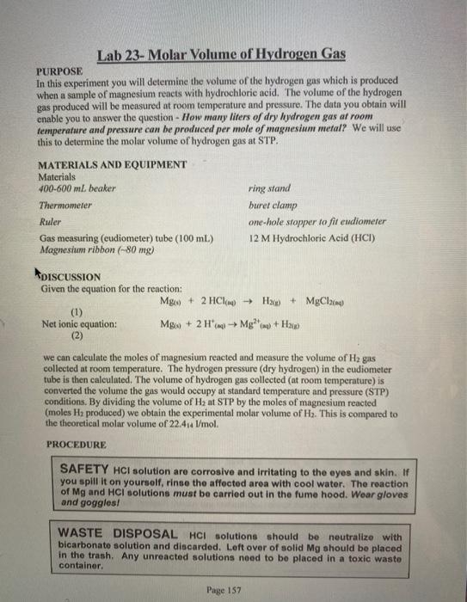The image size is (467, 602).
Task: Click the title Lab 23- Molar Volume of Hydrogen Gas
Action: click(221, 55)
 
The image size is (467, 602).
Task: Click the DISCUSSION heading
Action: click(71, 277)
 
